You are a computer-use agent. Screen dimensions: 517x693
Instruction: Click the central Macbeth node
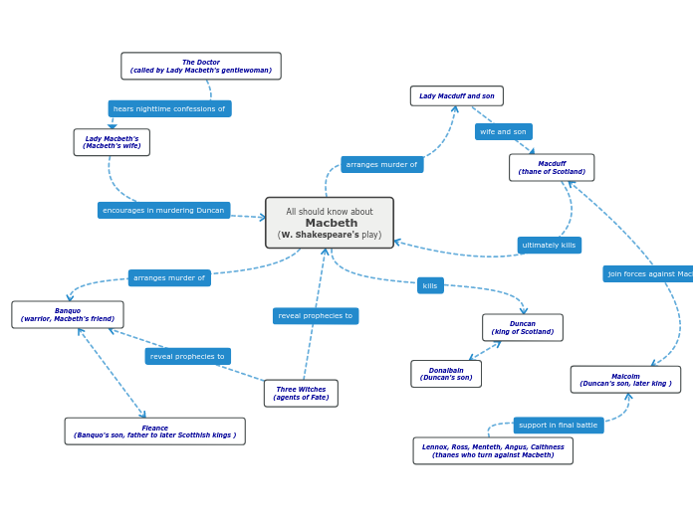coord(330,223)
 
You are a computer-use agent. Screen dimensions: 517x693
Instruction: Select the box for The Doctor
coord(201,67)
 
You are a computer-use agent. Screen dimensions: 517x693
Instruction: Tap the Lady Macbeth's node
coord(112,142)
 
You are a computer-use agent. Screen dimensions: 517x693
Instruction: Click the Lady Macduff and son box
coord(456,96)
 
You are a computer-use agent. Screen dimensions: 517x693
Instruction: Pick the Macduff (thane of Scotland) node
coord(552,168)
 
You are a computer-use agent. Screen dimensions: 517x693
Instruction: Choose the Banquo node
coord(68,315)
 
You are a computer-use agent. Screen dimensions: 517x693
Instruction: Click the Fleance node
coord(154,431)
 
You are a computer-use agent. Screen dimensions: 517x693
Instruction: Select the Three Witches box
coord(301,394)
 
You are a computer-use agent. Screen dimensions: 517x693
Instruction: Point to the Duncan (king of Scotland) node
coord(523,328)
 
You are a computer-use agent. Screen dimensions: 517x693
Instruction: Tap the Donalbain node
coord(446,374)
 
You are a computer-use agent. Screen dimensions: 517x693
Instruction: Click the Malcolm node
coord(625,380)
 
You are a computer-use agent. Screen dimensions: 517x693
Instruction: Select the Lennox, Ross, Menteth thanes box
coord(493,451)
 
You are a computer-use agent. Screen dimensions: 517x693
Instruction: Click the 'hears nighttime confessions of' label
coord(169,109)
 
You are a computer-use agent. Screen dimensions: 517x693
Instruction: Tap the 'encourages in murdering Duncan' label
coord(163,211)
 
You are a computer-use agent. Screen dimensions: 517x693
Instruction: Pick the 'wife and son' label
coord(503,132)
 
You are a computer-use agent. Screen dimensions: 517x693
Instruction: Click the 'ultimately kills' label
coord(549,246)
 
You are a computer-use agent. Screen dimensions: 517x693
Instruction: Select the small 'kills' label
coord(430,285)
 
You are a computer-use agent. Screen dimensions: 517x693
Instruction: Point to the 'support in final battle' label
coord(559,426)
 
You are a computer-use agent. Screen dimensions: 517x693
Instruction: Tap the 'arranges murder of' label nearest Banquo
coord(169,278)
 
